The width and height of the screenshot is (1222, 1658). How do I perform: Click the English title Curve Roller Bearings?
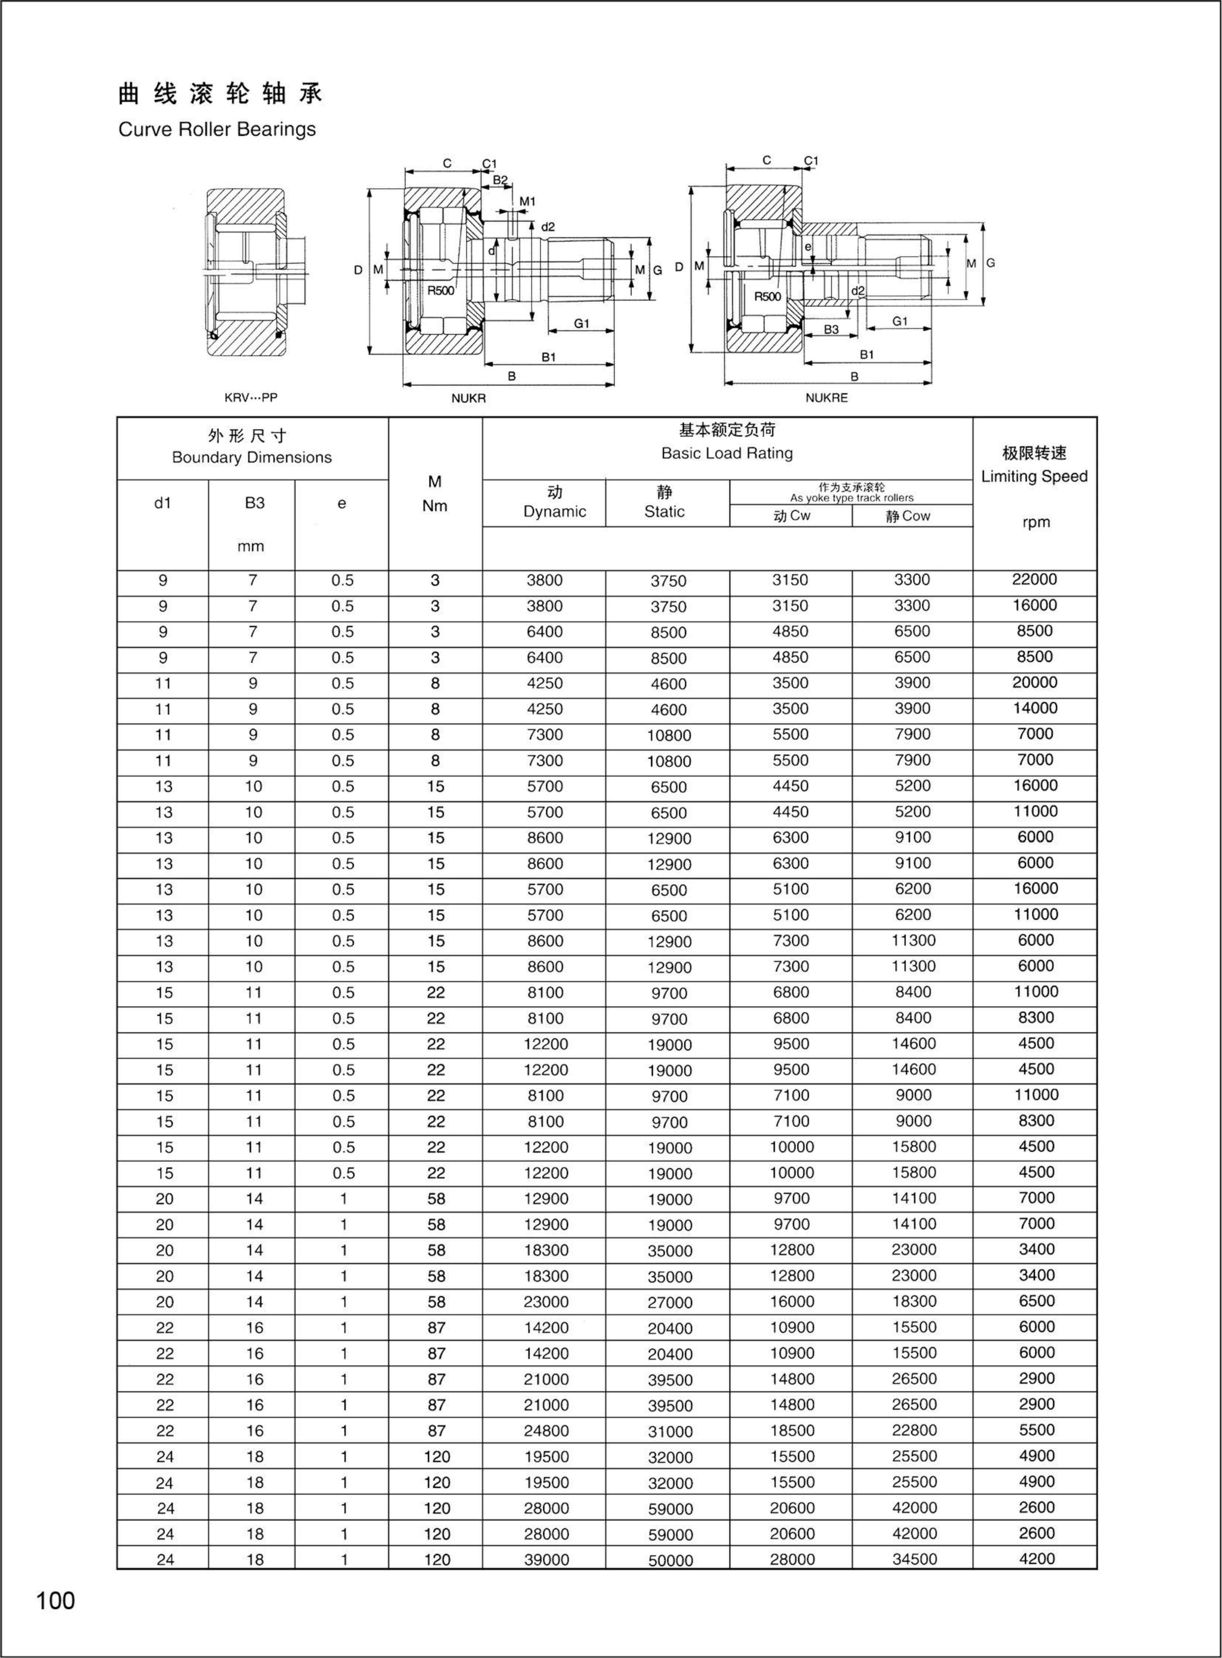click(x=217, y=129)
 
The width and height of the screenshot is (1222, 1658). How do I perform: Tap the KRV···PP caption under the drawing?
click(x=251, y=397)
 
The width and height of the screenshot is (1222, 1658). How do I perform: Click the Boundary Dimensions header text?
click(x=252, y=457)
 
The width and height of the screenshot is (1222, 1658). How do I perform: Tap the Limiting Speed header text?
click(x=1034, y=477)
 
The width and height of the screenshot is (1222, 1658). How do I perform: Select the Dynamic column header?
click(x=554, y=511)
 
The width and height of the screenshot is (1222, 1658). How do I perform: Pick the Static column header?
click(x=664, y=511)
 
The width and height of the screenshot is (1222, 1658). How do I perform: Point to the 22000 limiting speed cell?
click(x=1034, y=579)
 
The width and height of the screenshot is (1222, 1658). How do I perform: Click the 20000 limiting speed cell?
click(x=1034, y=682)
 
